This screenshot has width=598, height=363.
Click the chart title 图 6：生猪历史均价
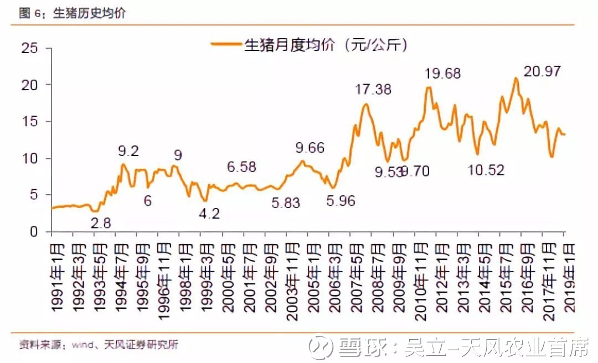coord(73,13)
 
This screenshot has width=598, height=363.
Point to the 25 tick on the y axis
coord(30,48)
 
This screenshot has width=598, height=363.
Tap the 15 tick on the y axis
coord(30,122)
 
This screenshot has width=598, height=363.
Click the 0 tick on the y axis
coord(35,232)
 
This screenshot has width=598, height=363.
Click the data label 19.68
coord(443,73)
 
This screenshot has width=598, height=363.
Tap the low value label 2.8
coord(101,223)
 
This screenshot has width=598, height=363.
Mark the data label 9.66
coord(310,148)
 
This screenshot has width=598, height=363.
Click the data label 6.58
coord(242,167)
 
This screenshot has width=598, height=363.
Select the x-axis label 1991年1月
coord(58,279)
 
